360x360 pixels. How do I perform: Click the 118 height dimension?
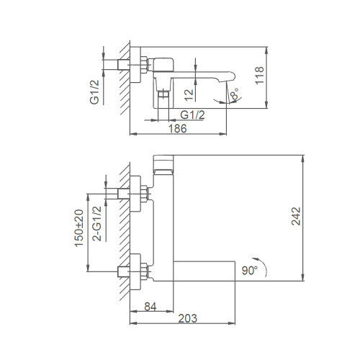click(x=259, y=76)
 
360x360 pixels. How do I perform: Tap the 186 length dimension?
click(x=178, y=129)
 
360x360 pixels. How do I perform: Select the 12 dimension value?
click(x=189, y=95)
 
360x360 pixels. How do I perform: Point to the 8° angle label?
click(x=234, y=94)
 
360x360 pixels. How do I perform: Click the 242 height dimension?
click(x=296, y=216)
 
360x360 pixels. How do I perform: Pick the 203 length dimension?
click(x=188, y=318)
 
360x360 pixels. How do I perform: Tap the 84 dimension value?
click(x=150, y=307)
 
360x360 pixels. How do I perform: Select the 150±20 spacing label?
click(x=79, y=228)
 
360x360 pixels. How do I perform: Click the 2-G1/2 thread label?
click(x=97, y=224)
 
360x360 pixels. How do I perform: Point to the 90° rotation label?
click(x=250, y=271)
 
